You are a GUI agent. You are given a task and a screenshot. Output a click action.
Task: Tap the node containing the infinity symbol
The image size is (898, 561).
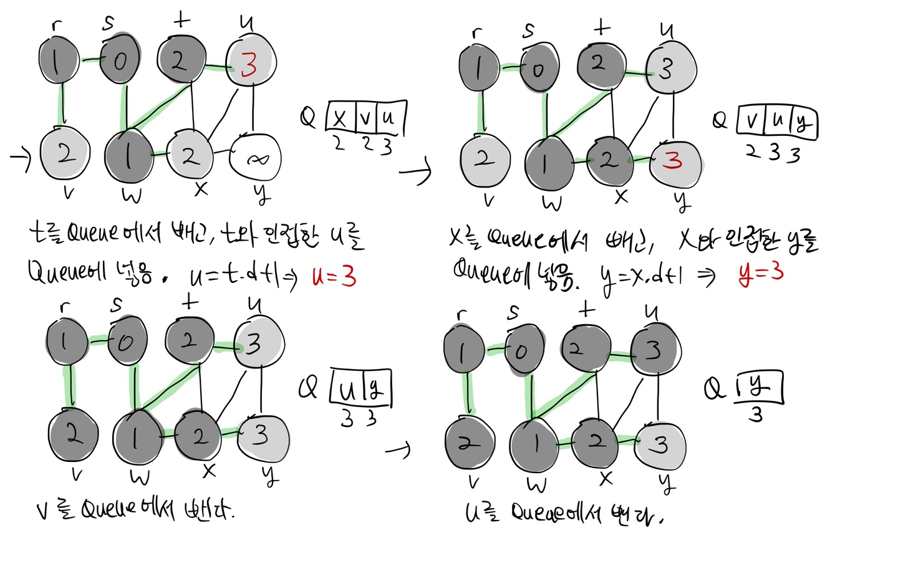[256, 160]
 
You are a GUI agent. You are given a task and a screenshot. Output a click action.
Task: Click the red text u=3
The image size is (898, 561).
[334, 276]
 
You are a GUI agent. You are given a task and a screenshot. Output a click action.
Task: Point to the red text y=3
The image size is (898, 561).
[761, 272]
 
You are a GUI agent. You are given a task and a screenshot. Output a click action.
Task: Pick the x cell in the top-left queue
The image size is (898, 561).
[340, 117]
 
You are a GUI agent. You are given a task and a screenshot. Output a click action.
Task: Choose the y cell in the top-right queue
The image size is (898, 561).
[803, 122]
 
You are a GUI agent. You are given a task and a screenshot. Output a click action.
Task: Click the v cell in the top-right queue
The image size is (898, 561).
[752, 120]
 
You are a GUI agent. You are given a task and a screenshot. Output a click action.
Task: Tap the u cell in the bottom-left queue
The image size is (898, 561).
[347, 390]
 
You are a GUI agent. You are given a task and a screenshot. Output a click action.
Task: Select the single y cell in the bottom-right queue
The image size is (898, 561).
[758, 388]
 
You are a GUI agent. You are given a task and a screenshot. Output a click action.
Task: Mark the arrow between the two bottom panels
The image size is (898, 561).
[398, 449]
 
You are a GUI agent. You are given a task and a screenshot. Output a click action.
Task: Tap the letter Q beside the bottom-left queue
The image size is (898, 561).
[308, 388]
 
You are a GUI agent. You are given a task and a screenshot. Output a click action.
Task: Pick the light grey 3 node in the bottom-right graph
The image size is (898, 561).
[660, 445]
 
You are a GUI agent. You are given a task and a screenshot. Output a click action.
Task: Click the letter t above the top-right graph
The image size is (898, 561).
[601, 27]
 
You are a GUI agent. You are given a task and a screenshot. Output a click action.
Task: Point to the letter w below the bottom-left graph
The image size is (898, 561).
[140, 477]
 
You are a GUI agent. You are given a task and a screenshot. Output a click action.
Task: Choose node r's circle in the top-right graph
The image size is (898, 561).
[479, 67]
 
